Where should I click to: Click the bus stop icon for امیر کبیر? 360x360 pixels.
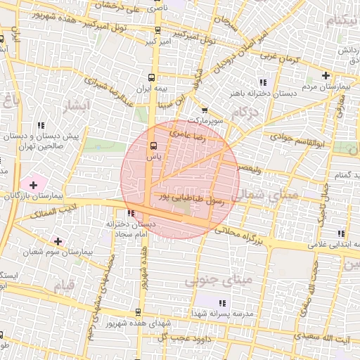click(156, 31)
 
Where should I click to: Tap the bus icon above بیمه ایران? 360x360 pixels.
click(151, 78)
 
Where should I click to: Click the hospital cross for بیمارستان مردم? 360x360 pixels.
click(326, 75)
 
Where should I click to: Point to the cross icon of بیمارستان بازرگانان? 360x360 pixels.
click(32, 184)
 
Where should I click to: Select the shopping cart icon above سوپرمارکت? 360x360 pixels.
click(205, 110)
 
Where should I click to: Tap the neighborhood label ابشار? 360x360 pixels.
click(77, 106)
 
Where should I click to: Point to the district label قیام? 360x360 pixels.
click(64, 286)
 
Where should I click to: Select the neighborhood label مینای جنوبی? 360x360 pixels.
click(218, 281)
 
